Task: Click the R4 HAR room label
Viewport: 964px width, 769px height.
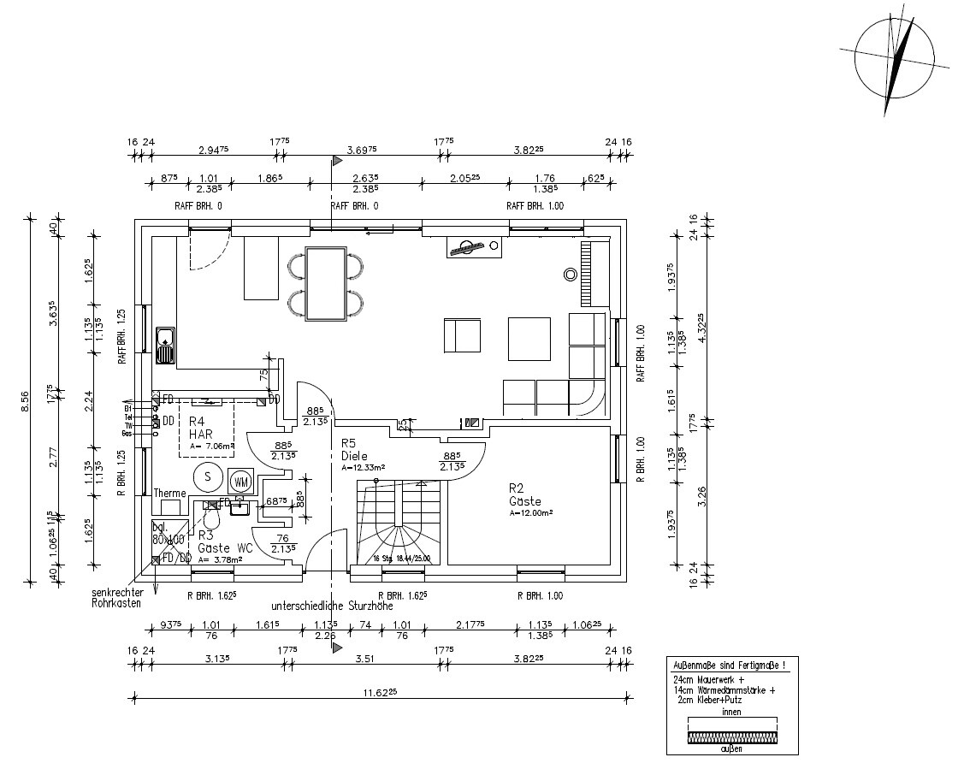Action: pyautogui.click(x=200, y=427)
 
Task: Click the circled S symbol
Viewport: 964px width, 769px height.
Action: pyautogui.click(x=206, y=477)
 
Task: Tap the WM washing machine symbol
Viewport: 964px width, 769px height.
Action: pyautogui.click(x=240, y=481)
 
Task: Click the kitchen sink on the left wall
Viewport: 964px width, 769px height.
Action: pyautogui.click(x=164, y=345)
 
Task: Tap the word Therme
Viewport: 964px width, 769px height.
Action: pyautogui.click(x=169, y=494)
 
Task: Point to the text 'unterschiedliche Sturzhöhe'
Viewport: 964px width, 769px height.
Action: pyautogui.click(x=332, y=605)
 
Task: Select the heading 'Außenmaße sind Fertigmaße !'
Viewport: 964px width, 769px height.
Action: pyautogui.click(x=730, y=665)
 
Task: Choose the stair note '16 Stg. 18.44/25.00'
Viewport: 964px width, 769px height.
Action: pyautogui.click(x=402, y=559)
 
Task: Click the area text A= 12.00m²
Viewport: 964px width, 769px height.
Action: pyautogui.click(x=531, y=512)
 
